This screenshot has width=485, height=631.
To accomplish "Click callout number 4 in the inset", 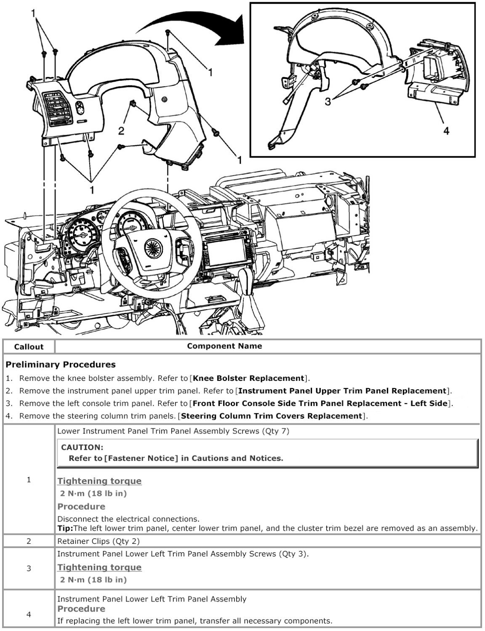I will point(446,131).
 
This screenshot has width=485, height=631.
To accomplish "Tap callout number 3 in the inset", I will point(328,102).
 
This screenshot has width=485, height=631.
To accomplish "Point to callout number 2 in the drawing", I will point(121,131).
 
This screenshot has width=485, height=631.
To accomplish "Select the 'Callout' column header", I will point(29,347).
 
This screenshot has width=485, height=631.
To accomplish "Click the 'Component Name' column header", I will point(224,346).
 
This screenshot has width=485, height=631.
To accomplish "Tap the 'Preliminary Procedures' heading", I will point(61,364).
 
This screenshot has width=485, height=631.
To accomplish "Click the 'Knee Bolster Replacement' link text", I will point(248,378).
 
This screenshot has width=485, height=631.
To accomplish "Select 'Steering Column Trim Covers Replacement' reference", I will point(271,416).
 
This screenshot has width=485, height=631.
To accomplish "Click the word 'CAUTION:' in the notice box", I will point(82,447).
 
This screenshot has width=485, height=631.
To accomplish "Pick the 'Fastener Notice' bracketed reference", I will point(141,458).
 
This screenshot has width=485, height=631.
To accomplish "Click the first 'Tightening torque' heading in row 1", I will point(99,481).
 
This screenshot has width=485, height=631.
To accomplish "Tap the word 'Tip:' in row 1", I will point(65,528).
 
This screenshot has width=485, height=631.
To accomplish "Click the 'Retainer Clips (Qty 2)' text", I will point(99,541).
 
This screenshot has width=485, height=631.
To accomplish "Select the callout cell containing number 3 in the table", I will point(29,568).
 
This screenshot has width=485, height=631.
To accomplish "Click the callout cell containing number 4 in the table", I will point(29,614).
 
